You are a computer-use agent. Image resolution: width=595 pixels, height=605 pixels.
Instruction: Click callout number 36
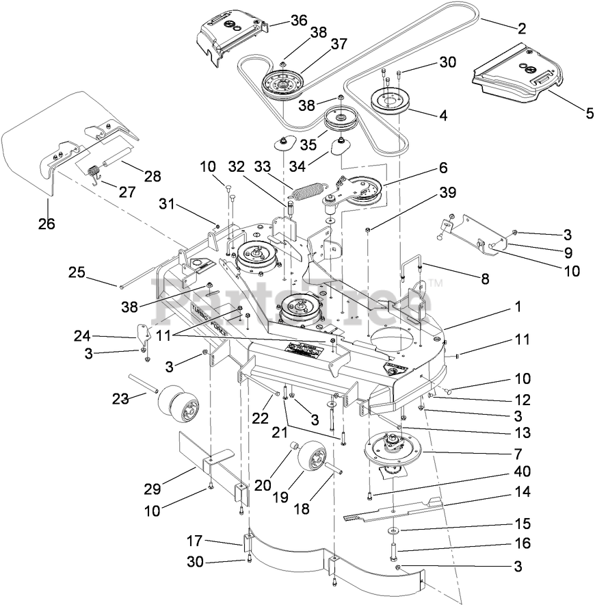click(x=299, y=21)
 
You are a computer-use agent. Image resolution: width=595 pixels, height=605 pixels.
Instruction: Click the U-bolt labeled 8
click(x=410, y=268)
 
